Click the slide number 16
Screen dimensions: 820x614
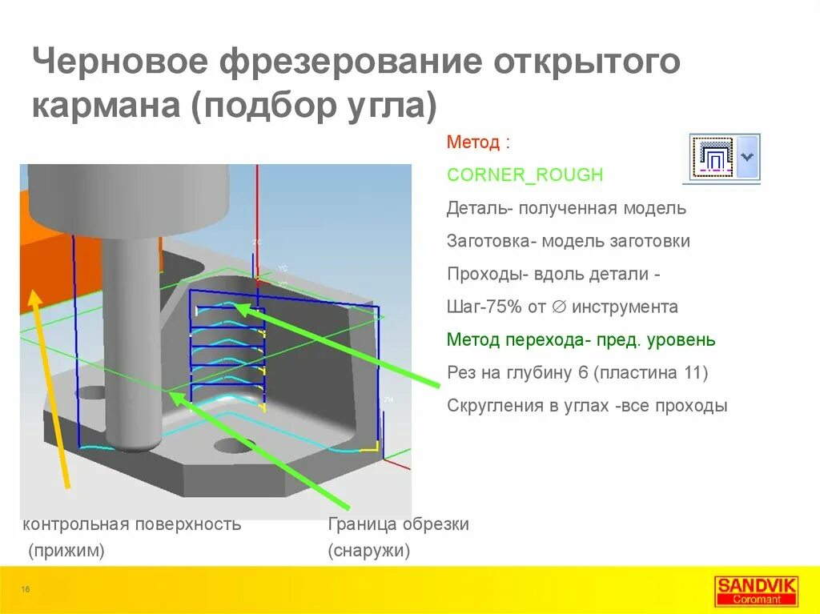click(26, 590)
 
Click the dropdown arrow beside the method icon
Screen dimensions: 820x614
click(748, 156)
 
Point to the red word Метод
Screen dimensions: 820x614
click(472, 143)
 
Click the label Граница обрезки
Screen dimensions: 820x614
click(398, 524)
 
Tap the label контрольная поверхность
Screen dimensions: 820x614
click(132, 524)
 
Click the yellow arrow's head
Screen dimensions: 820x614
click(34, 298)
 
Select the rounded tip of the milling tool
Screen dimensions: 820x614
click(133, 439)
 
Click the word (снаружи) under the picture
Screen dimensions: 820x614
click(368, 551)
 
